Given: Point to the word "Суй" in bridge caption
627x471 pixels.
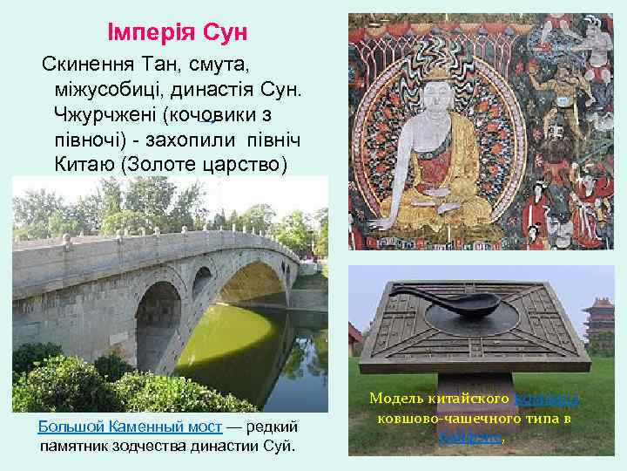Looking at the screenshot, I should click(x=280, y=447).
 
